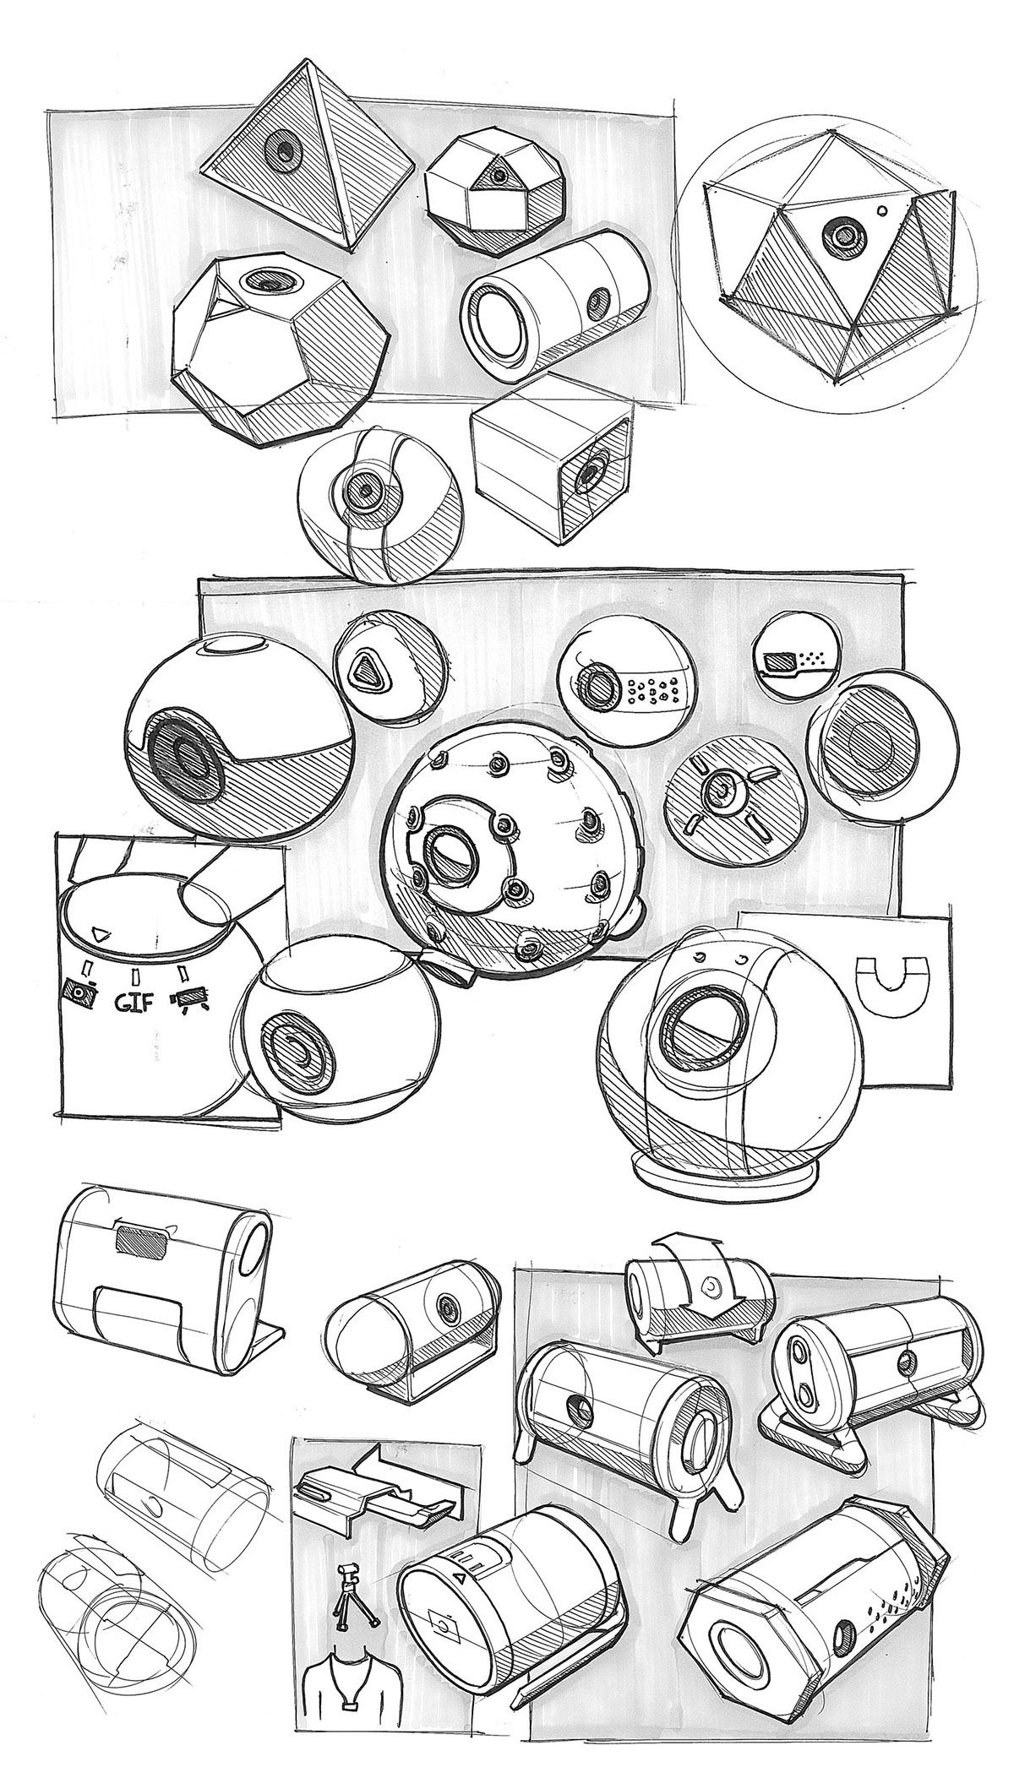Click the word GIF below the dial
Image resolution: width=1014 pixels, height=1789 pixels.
coord(134,1003)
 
